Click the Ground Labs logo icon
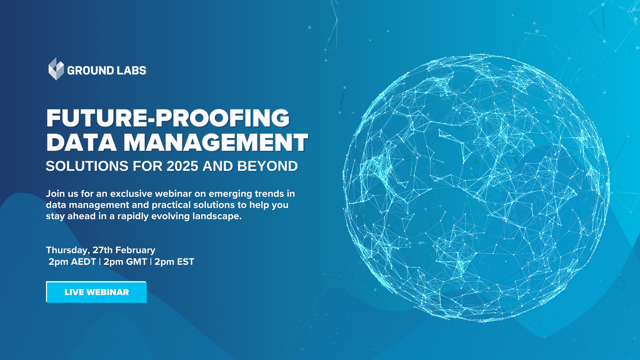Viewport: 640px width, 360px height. click(x=56, y=69)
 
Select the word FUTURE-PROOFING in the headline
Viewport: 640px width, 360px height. click(x=168, y=118)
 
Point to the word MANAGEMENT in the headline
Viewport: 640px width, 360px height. click(x=216, y=143)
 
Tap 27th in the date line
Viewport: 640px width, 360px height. click(x=102, y=250)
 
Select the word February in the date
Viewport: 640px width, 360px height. click(x=135, y=250)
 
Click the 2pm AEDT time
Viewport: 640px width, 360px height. click(x=72, y=262)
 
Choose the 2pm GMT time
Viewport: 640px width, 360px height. click(x=125, y=262)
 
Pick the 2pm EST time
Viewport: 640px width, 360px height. click(x=174, y=262)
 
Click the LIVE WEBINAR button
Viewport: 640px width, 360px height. click(x=96, y=292)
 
